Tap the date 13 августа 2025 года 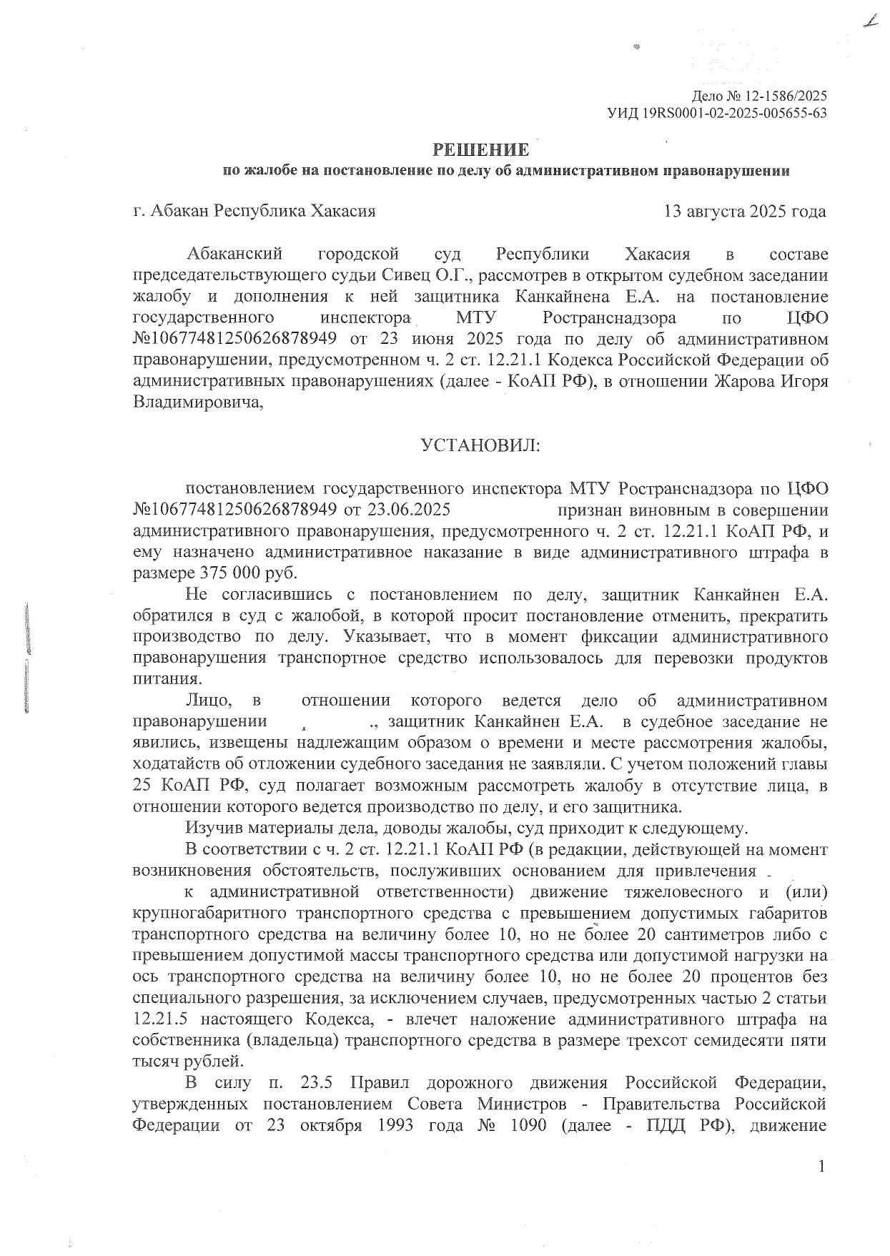coord(745,212)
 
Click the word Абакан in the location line coord(178,212)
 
